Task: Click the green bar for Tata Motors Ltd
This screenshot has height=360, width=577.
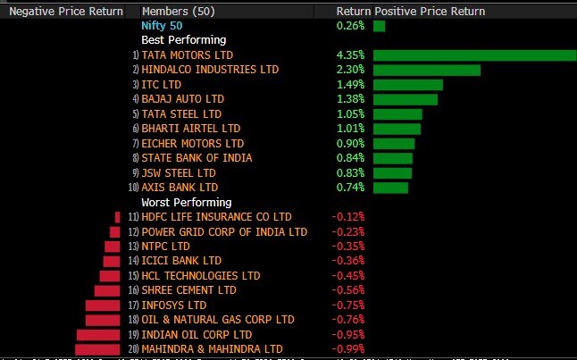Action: [474, 55]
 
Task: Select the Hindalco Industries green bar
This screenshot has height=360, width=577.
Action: [427, 70]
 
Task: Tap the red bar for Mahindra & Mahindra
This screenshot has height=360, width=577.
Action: [97, 348]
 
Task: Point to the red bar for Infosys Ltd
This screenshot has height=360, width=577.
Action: [103, 305]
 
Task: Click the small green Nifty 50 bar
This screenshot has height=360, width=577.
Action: [380, 26]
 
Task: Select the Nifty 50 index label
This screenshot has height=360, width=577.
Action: [161, 26]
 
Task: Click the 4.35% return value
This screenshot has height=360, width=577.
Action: [350, 55]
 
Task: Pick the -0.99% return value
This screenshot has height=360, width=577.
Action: [348, 348]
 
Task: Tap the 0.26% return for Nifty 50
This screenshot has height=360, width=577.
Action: [350, 26]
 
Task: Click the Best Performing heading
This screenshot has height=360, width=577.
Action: [183, 40]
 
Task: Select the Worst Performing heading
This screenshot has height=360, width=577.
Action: [186, 203]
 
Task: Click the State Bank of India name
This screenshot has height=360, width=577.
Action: [197, 158]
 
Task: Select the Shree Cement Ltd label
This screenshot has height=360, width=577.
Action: [188, 290]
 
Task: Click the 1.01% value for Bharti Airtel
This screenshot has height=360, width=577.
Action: [350, 129]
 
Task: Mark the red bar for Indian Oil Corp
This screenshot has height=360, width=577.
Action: [98, 334]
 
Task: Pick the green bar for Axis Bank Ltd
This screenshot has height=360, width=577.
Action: [390, 188]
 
